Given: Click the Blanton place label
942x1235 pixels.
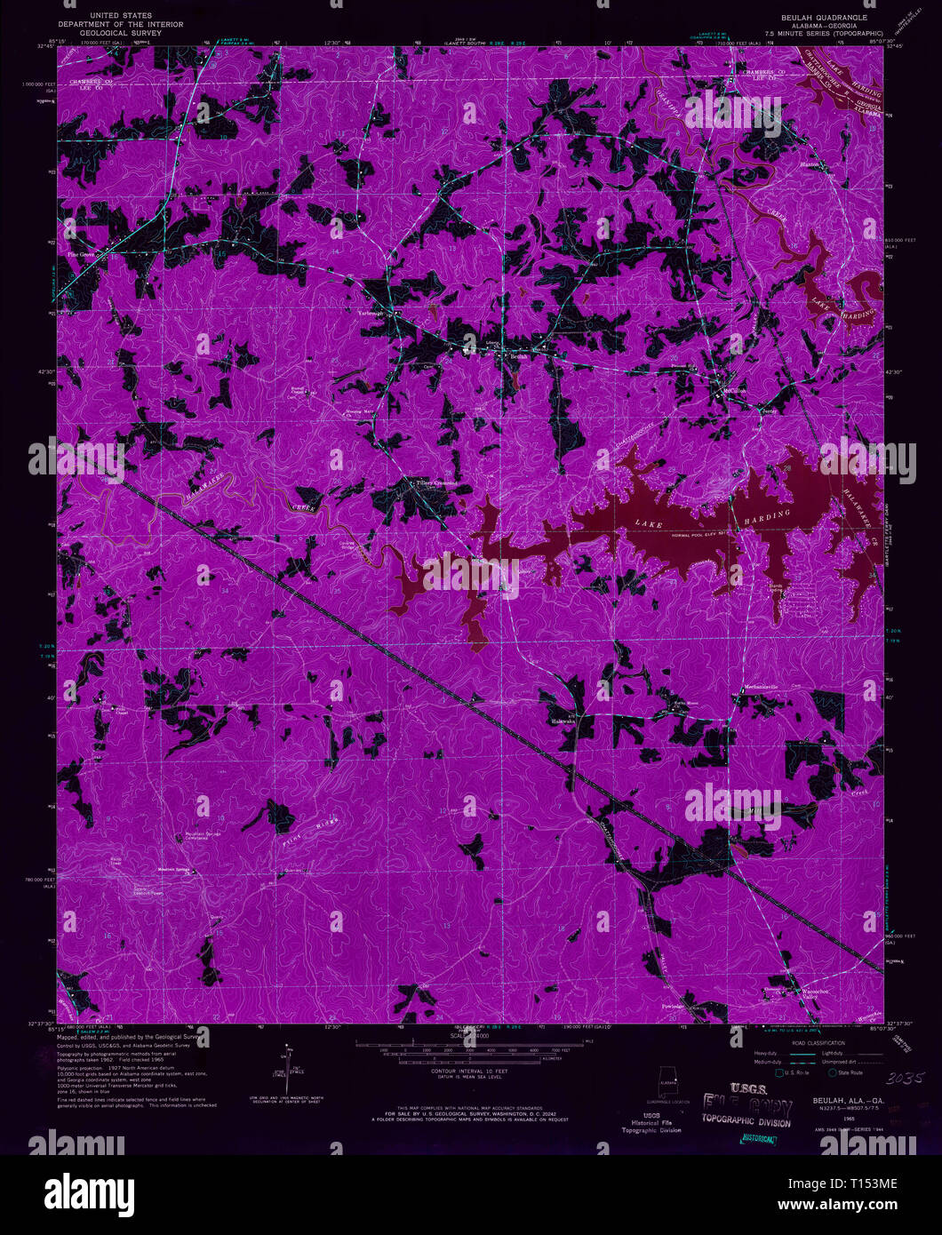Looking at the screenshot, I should [810, 165].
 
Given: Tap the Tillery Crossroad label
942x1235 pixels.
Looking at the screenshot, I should [436, 483].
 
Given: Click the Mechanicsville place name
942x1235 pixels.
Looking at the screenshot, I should [763, 689].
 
